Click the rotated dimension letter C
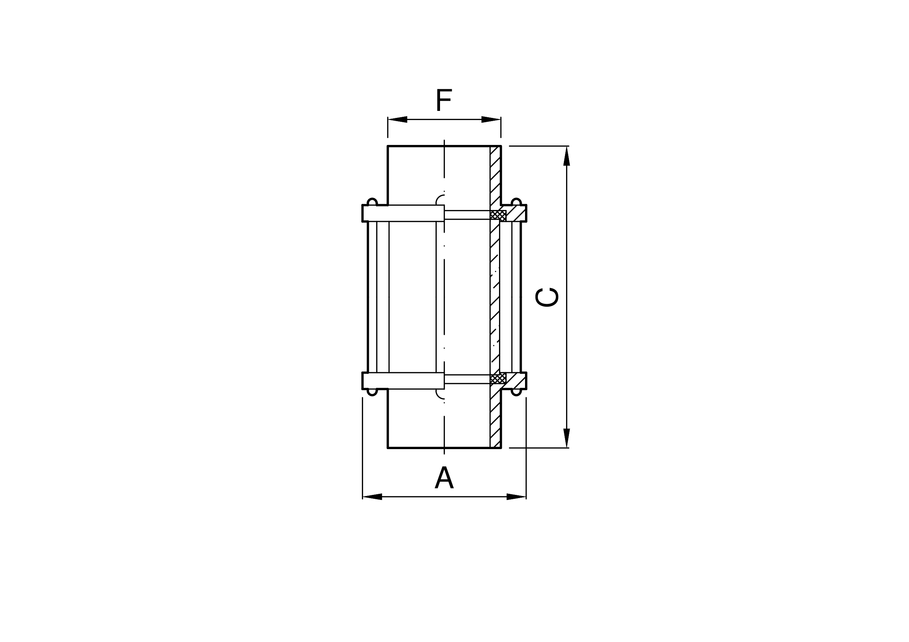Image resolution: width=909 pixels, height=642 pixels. point(547,297)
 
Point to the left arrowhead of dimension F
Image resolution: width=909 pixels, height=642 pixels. point(398,119)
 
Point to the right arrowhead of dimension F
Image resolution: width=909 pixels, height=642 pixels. point(491,119)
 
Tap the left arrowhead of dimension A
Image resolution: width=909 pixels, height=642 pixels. point(372,497)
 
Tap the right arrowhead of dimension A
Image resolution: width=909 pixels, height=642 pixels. point(516,497)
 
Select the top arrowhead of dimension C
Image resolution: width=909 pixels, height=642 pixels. point(566,156)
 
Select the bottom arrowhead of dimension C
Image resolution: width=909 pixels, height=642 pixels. point(566,438)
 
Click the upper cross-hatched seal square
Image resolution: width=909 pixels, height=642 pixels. point(498,215)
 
